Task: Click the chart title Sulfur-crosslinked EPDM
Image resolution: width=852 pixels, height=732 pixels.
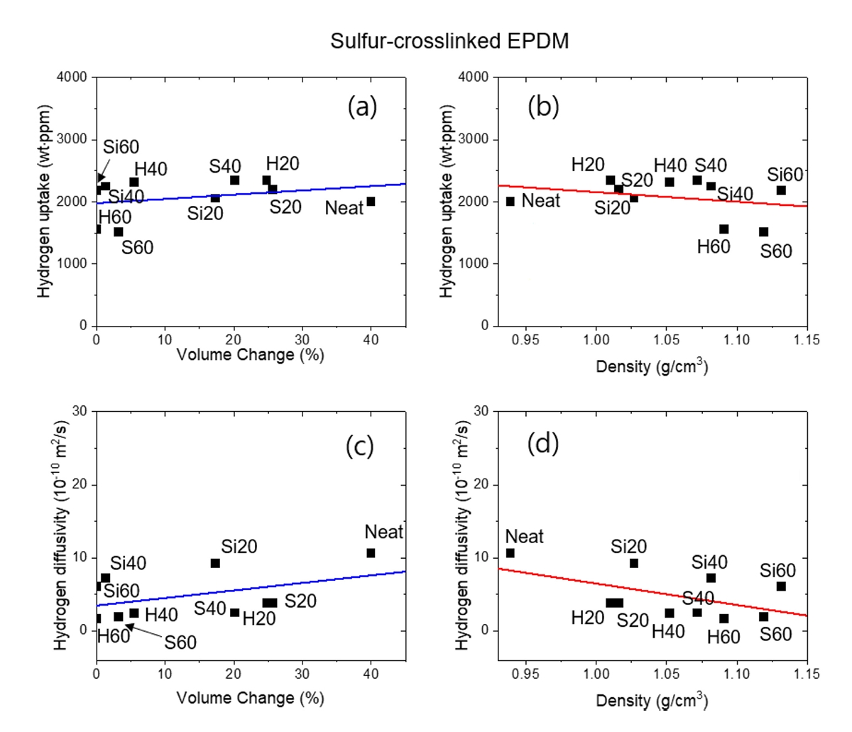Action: point(449,41)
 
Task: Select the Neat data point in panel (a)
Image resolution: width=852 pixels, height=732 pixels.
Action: point(371,202)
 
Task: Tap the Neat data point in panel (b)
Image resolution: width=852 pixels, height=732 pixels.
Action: point(510,202)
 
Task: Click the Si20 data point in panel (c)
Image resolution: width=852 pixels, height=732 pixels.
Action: point(215,563)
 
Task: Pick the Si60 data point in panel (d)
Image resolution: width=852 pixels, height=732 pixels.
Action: point(781,586)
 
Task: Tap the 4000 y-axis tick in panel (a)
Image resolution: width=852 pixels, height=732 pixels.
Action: point(73,77)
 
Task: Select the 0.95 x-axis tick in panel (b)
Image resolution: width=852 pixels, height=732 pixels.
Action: point(525,340)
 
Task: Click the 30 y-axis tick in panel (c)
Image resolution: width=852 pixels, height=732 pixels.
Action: point(80,411)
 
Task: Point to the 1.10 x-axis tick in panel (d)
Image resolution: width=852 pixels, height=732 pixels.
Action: point(736,674)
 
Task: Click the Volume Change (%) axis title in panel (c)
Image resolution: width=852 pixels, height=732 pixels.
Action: point(250,698)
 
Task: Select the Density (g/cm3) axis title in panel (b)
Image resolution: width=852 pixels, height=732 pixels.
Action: point(651,366)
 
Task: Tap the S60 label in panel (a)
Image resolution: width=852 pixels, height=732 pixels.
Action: point(137,248)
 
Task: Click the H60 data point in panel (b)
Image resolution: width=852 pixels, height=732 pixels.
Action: point(723,229)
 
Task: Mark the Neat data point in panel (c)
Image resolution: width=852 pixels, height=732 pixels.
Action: point(371,553)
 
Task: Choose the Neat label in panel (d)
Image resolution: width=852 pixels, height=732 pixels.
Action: point(524,537)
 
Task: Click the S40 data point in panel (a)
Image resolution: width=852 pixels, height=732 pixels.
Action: point(234,180)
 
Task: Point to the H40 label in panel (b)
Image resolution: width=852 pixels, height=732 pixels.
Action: point(670,165)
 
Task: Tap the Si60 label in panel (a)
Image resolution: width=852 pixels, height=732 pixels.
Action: point(121,148)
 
